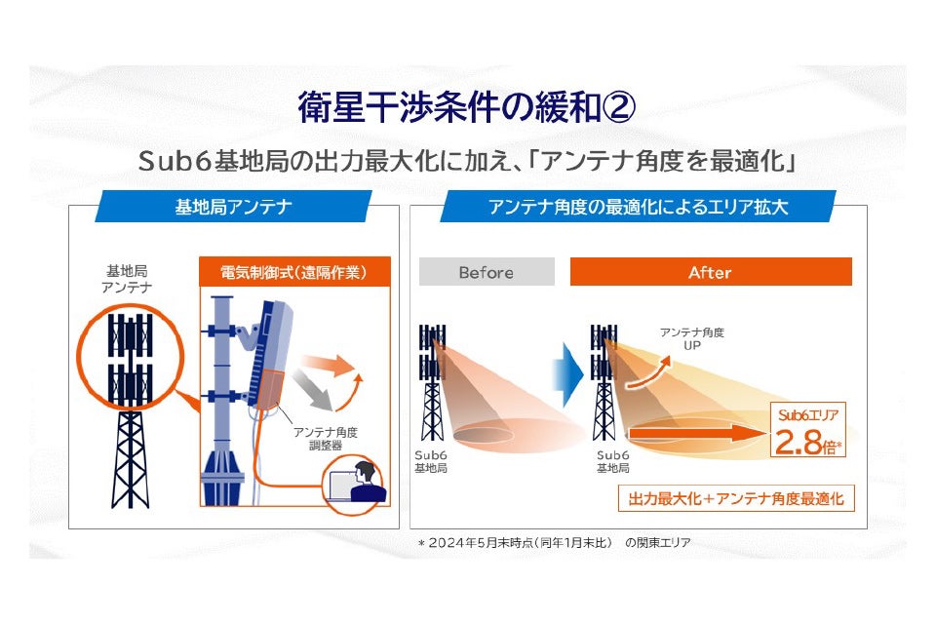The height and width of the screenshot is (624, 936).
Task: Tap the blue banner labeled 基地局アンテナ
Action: click(233, 207)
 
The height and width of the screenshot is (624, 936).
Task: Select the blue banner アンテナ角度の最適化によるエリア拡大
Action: click(639, 207)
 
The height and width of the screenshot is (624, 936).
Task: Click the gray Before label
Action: click(487, 272)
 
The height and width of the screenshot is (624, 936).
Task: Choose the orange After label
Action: click(710, 272)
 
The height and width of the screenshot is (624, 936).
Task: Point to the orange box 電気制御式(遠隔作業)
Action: click(293, 272)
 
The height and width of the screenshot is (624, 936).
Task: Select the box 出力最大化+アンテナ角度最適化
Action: click(736, 498)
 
